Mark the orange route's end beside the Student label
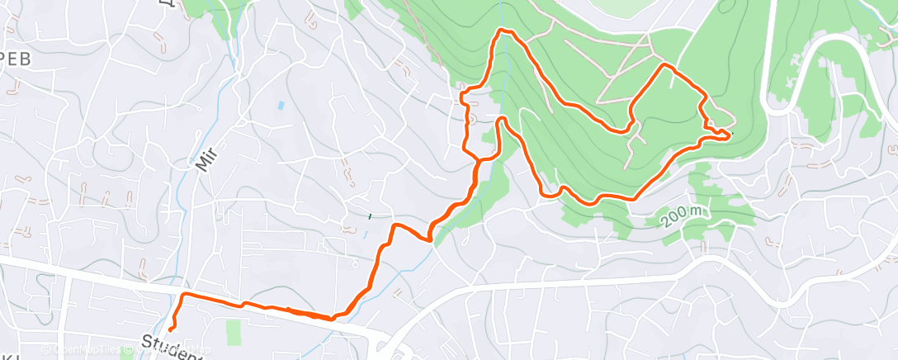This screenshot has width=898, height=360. [170, 331]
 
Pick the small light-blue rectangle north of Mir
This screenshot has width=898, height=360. [281, 106]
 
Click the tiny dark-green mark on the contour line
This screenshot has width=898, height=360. [370, 216]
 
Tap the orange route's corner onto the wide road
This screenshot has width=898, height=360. [182, 295]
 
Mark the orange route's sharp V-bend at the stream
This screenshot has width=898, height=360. [430, 239]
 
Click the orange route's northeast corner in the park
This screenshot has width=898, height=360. [664, 64]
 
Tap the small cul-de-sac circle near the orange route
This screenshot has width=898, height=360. [473, 118]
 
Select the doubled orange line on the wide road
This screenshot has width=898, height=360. [305, 313]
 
